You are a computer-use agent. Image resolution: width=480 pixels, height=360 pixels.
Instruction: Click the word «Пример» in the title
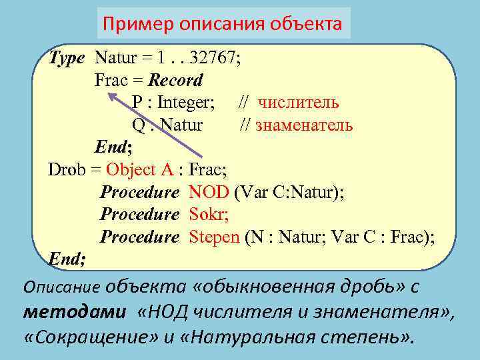pos(137,25)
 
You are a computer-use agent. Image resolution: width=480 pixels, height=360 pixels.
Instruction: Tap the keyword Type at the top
pos(67,58)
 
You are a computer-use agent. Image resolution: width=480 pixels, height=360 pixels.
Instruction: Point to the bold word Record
pos(175,81)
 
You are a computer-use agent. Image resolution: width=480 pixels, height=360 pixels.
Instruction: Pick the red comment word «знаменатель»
pos(304,125)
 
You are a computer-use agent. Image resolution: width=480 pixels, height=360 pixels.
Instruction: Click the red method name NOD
pos(209,193)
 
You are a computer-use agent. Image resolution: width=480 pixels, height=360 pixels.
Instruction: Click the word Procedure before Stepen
pos(139,237)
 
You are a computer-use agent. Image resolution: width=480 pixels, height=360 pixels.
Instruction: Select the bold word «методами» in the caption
pos(74,312)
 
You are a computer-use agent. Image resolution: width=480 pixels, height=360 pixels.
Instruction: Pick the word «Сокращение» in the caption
pos(91,335)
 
